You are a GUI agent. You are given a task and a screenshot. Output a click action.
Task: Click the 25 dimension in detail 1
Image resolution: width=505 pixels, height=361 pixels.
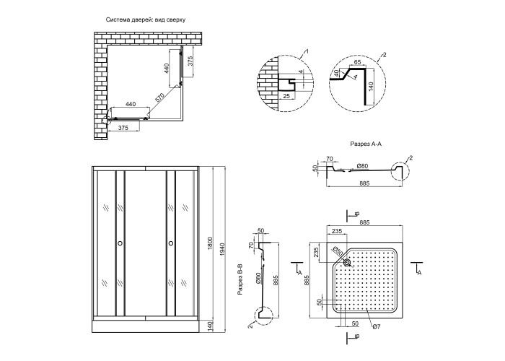pos(286,94)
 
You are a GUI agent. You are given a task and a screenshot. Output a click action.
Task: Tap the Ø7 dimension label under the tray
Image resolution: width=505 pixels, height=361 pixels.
pos(376,329)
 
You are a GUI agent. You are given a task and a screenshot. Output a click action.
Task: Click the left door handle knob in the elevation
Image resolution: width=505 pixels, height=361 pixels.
pos(120,244)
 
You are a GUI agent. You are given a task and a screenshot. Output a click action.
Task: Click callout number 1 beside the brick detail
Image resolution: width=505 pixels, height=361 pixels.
pos(307,52)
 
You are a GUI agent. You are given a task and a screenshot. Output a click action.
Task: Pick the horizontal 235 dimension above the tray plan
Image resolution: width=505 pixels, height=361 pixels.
pos(337,231)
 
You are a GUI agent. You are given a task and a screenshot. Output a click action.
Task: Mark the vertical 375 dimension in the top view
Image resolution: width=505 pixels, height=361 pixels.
pos(189,62)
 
